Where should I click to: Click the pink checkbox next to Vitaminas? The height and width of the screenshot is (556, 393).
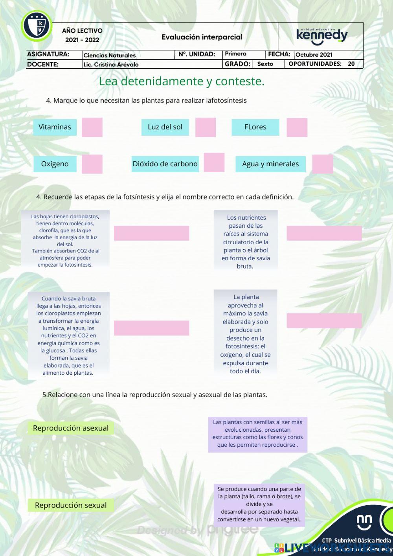[x=92, y=127]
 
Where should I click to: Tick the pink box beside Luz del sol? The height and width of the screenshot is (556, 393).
[x=206, y=127]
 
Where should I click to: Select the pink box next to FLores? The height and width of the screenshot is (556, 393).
[x=297, y=127]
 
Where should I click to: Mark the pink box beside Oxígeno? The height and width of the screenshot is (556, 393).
[x=92, y=164]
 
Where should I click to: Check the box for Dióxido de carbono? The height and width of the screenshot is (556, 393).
[x=214, y=162]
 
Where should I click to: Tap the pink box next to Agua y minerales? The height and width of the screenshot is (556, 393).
[x=323, y=164]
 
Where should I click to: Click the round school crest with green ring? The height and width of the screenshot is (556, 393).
[x=37, y=26]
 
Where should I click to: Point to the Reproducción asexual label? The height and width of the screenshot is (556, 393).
[x=71, y=428]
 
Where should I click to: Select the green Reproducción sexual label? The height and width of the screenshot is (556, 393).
[x=71, y=505]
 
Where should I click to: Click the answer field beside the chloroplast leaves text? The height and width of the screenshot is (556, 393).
[x=151, y=233]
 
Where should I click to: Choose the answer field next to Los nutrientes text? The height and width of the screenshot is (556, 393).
[x=324, y=233]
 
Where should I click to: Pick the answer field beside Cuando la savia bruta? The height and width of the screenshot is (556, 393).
[x=151, y=328]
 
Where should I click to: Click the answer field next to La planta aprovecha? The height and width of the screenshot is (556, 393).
[x=324, y=321]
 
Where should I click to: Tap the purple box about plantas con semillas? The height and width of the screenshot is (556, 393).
[x=257, y=434]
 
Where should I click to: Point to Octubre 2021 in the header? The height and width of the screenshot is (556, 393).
[x=314, y=55]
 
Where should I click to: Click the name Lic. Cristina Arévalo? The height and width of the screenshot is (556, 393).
[x=111, y=64]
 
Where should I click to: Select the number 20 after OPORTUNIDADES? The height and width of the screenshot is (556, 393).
[x=351, y=64]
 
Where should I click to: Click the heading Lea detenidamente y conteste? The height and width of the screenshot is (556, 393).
[x=182, y=81]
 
